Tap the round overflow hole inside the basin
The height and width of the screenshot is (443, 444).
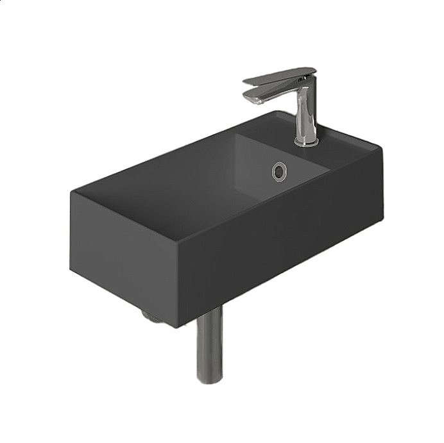280,170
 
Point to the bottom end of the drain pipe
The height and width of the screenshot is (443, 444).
209,380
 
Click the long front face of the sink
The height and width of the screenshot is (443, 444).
282,244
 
